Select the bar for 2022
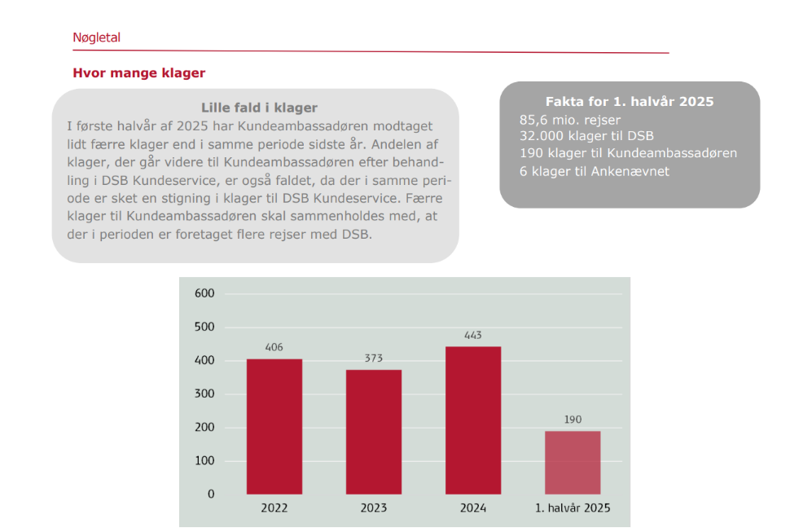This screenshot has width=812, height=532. (274, 426)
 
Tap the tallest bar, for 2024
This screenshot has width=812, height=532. (473, 420)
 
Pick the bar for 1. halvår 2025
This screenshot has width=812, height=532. (573, 462)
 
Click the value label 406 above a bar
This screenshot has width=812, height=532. (274, 348)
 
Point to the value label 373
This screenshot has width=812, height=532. (374, 358)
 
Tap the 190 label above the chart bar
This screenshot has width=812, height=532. (573, 420)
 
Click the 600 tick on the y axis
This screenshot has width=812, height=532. (204, 294)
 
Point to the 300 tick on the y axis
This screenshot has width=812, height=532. (204, 394)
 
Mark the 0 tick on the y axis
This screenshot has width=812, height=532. (211, 494)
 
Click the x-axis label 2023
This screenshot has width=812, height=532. (374, 508)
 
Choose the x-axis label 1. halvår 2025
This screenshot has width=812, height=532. (573, 508)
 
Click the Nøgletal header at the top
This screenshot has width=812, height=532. (96, 37)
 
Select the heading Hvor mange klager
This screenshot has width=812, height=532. (138, 73)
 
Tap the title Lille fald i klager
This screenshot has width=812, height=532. (259, 108)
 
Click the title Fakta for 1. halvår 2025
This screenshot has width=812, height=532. (630, 102)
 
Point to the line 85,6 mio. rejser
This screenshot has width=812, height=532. (570, 120)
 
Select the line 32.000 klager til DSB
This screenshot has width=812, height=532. (586, 136)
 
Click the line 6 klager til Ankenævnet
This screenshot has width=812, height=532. (594, 171)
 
